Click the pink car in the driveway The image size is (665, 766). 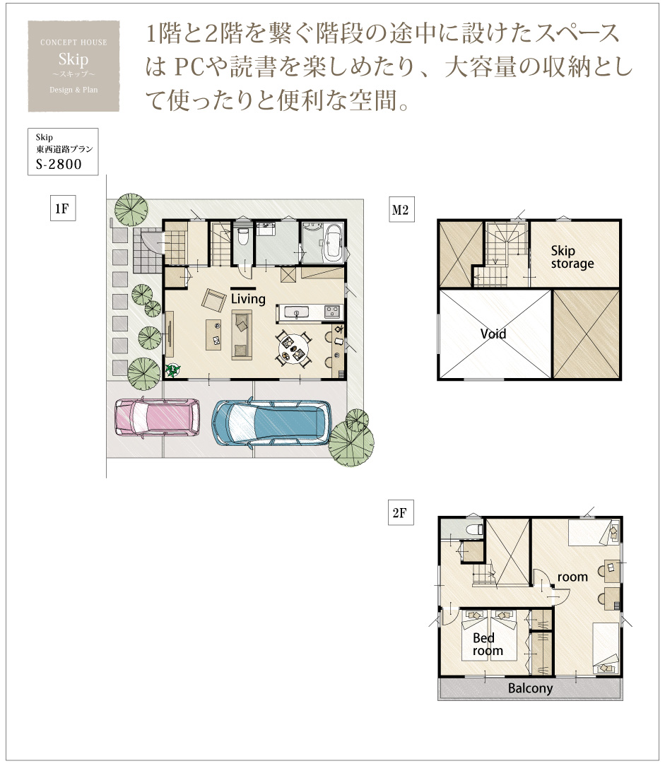click(157, 417)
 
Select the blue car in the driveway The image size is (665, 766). click(271, 423)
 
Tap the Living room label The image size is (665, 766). click(248, 298)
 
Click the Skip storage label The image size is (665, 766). click(572, 257)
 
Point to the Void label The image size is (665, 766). click(493, 334)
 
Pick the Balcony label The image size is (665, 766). click(530, 688)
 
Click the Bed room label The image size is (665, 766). click(488, 644)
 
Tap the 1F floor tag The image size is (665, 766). click(62, 208)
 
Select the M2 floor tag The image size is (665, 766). click(401, 210)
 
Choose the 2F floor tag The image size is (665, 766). click(400, 512)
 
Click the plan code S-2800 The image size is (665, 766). click(59, 164)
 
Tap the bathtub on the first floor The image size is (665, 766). click(334, 243)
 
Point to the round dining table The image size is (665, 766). click(294, 349)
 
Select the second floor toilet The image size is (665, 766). click(474, 529)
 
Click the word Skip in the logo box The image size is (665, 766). click(73, 59)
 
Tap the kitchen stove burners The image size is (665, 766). click(332, 311)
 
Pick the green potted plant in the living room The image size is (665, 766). click(172, 370)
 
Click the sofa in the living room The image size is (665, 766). click(242, 335)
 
